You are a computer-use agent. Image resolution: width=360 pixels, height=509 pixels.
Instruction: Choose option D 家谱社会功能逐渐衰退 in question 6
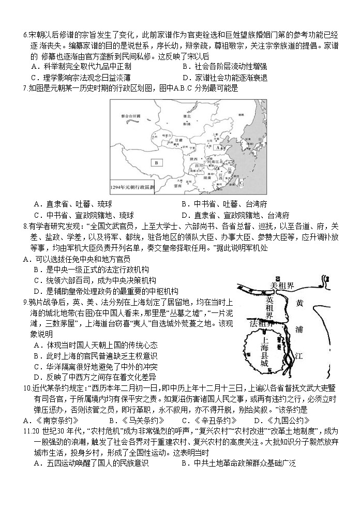224,78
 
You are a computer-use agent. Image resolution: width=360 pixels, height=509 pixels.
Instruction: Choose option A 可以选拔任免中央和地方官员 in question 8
76,259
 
